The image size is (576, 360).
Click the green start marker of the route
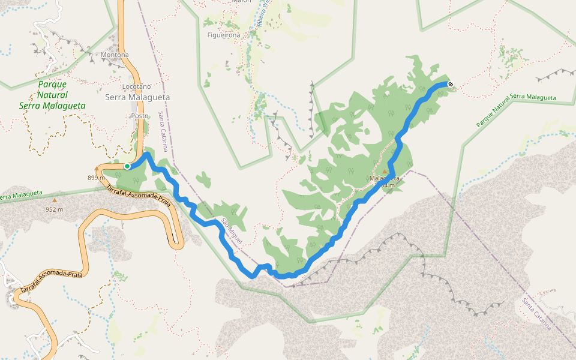click(x=127, y=166)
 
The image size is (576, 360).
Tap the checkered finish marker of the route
click(x=450, y=85)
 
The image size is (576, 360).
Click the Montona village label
click(x=115, y=55)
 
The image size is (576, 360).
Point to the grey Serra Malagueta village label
click(x=137, y=97)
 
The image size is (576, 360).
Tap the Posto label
click(x=139, y=116)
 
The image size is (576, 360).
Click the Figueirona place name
click(x=223, y=35)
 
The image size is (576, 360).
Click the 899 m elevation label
click(x=96, y=178)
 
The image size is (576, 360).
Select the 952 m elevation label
click(x=55, y=210)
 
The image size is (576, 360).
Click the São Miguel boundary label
click(x=232, y=230)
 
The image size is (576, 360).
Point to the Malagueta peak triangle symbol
click(x=385, y=171)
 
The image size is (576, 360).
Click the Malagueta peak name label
click(x=385, y=179)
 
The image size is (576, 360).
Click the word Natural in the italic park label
click(x=52, y=95)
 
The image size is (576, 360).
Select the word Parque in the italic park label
click(x=52, y=84)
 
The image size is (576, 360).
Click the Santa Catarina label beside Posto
click(x=163, y=131)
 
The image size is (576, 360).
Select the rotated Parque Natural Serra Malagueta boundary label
click(x=516, y=110)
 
